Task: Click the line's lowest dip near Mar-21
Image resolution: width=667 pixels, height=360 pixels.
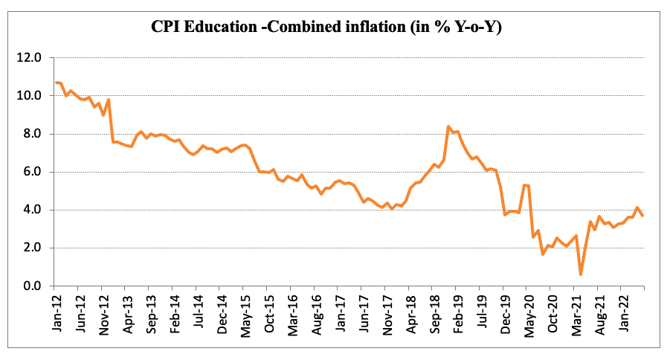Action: (x=580, y=274)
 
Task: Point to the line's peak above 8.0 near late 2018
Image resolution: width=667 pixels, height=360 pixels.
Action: (x=448, y=127)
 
